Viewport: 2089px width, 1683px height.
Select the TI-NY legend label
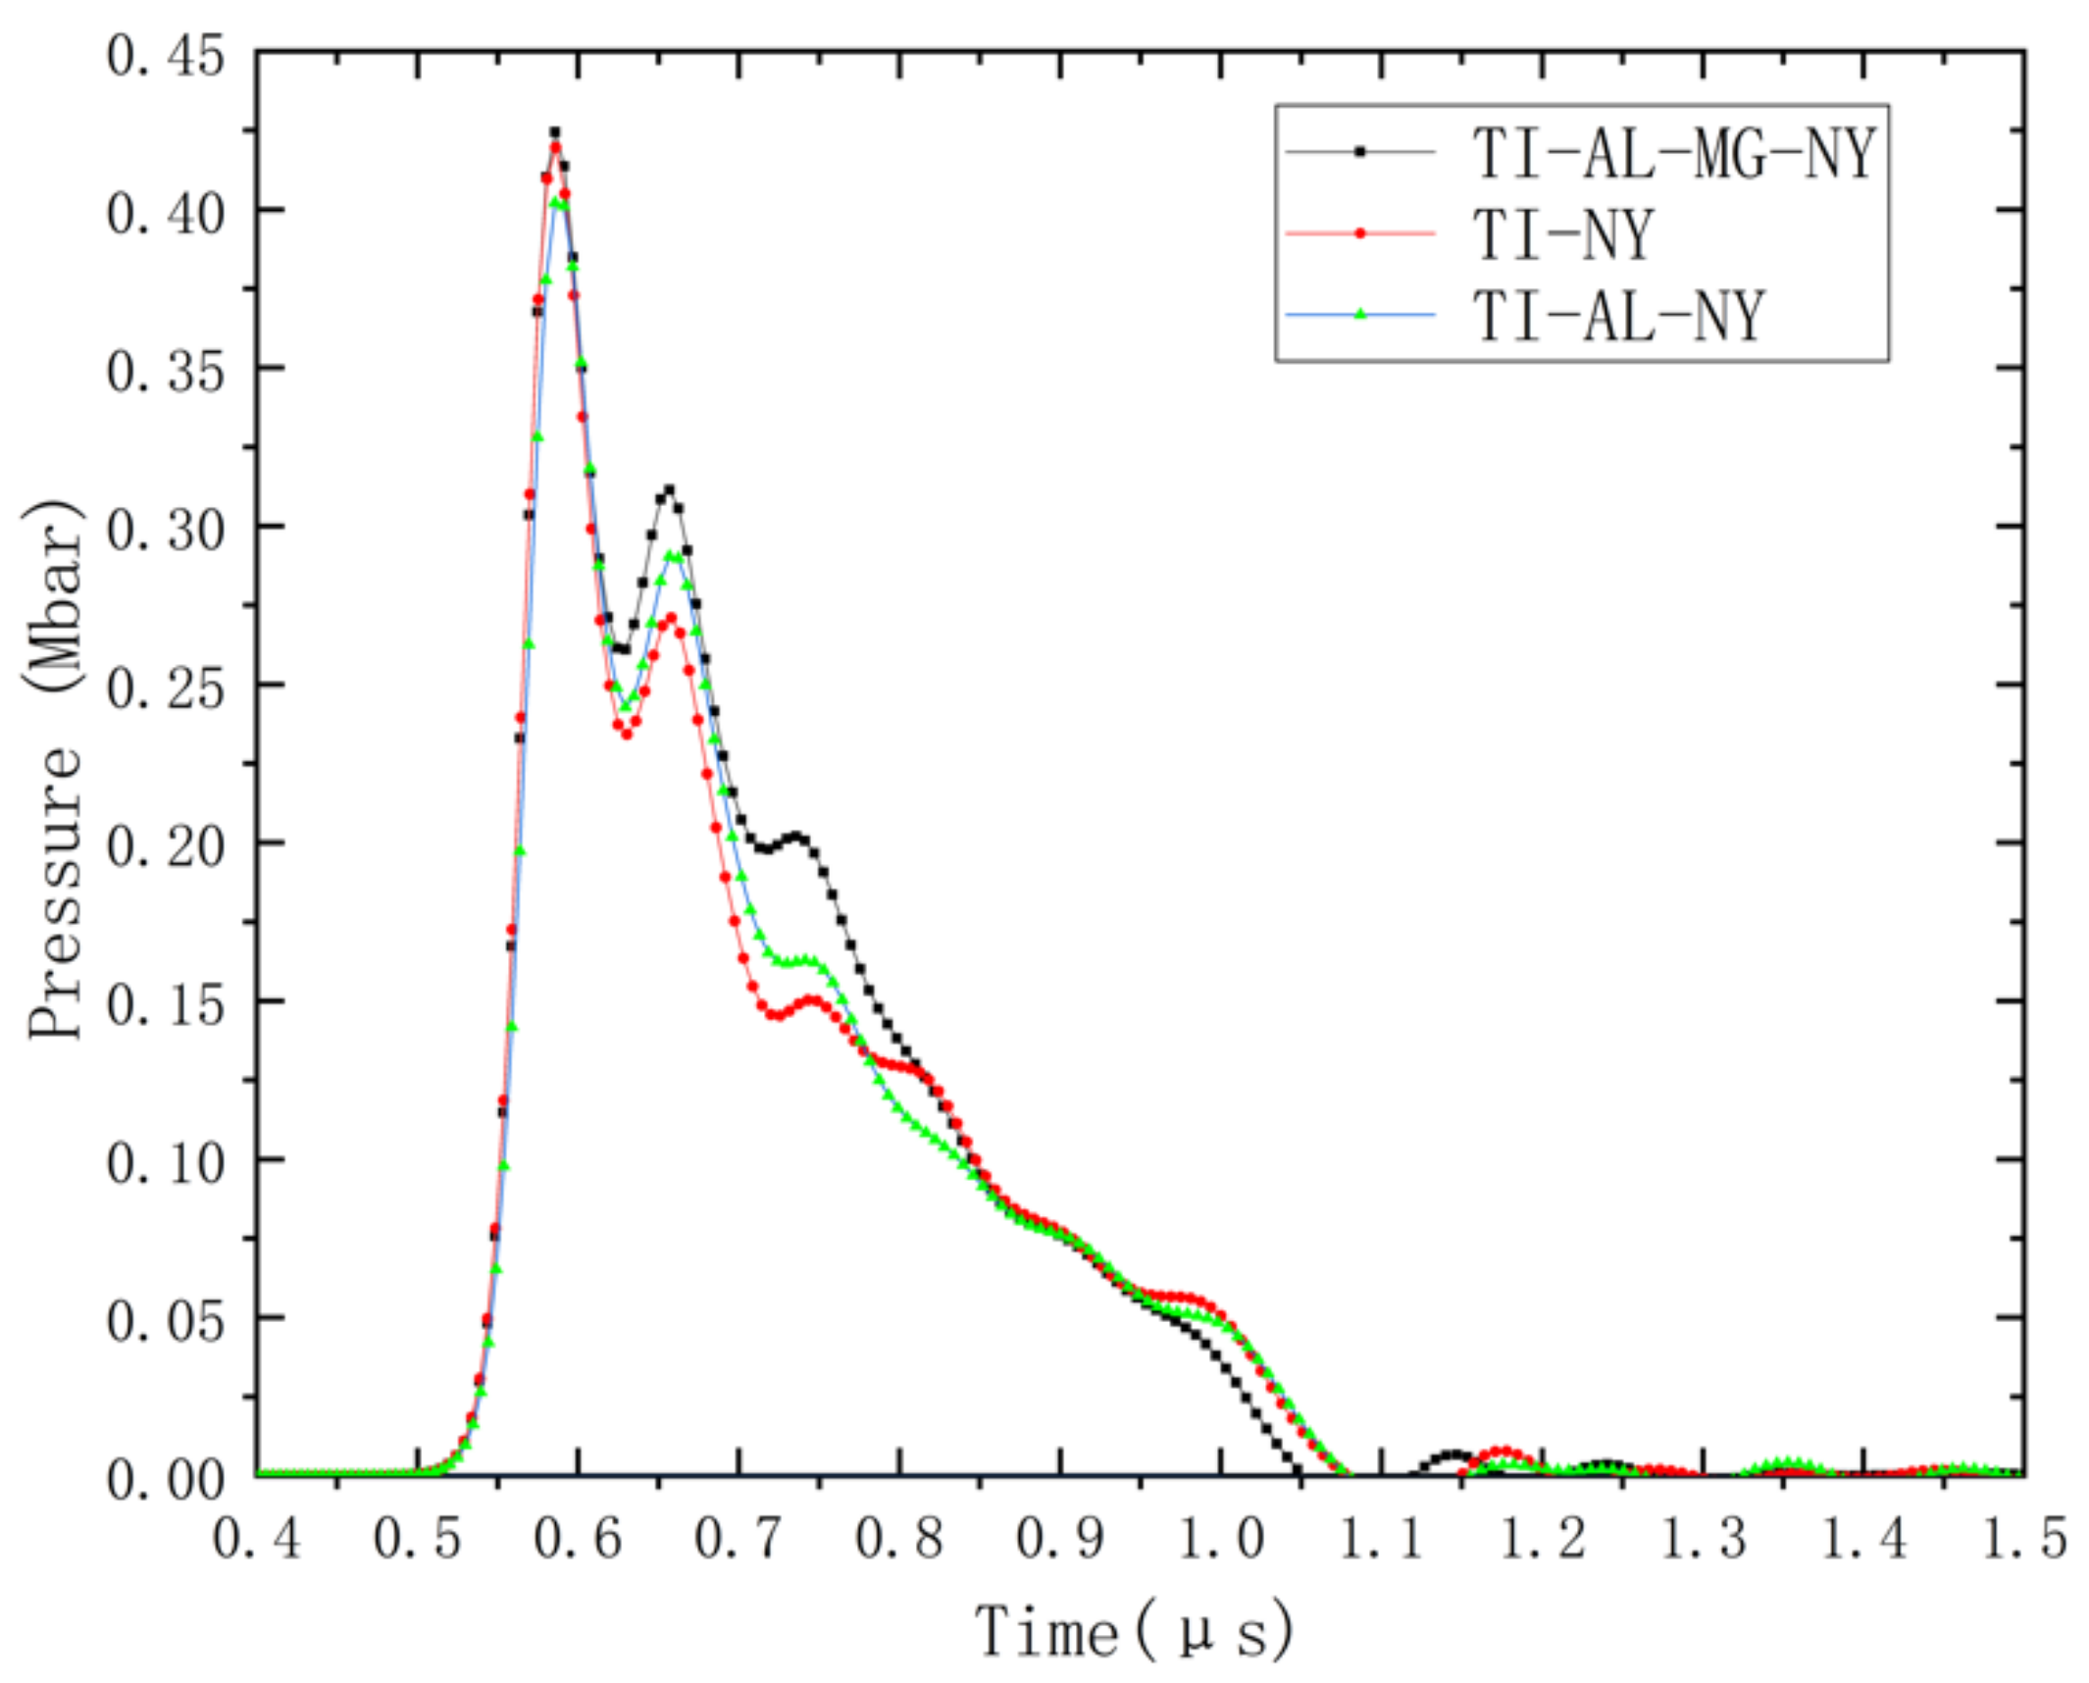pyautogui.click(x=1563, y=234)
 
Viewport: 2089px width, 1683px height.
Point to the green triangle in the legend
pyautogui.click(x=1360, y=314)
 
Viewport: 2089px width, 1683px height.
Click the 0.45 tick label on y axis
pyautogui.click(x=165, y=55)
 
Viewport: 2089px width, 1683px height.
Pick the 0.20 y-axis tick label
pyautogui.click(x=165, y=845)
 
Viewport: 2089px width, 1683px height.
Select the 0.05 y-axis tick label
pyautogui.click(x=165, y=1320)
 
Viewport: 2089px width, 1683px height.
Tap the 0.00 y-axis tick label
pyautogui.click(x=165, y=1478)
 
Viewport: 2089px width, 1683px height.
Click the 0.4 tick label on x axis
pyautogui.click(x=257, y=1538)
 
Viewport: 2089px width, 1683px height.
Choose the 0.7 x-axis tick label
pyautogui.click(x=739, y=1538)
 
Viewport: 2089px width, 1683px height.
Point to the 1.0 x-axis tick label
pyautogui.click(x=1220, y=1538)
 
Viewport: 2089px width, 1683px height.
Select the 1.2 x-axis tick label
pyautogui.click(x=1542, y=1538)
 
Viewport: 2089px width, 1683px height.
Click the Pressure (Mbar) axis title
pyautogui.click(x=54, y=769)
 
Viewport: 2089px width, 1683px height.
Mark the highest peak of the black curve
pyautogui.click(x=555, y=132)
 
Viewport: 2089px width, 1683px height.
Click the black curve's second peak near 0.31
pyautogui.click(x=669, y=489)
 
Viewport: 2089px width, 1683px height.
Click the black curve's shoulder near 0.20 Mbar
pyautogui.click(x=796, y=837)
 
